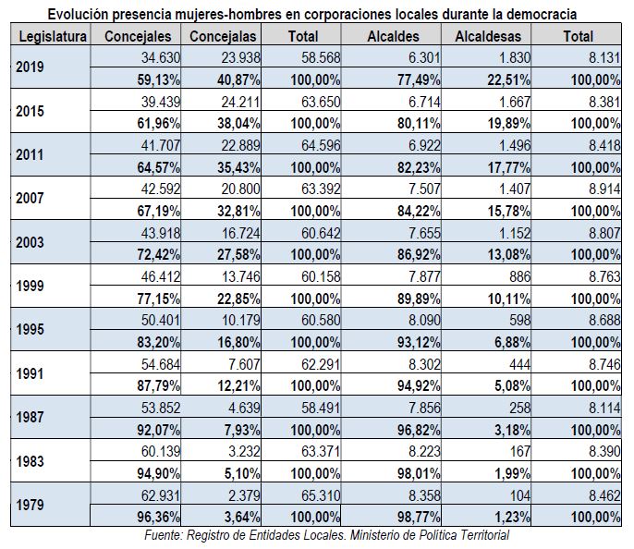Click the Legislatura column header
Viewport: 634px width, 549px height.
coord(53,36)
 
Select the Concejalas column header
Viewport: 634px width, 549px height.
coord(223,36)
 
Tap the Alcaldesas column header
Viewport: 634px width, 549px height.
coord(488,36)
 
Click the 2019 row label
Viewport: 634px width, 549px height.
coord(30,67)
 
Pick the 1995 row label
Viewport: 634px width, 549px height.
coord(30,329)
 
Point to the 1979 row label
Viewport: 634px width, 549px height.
coord(30,505)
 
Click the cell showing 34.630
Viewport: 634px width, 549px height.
coord(160,58)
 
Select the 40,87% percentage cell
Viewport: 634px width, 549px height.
coord(238,80)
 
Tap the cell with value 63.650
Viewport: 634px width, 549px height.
coord(321,102)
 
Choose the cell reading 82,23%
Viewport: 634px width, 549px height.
coord(419,167)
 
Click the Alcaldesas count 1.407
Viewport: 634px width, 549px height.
coord(514,189)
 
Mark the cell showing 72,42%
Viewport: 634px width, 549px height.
coord(159,255)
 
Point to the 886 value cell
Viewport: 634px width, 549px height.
coord(519,277)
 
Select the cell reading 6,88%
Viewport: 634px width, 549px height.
coord(512,342)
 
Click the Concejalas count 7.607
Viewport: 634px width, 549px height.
coord(244,364)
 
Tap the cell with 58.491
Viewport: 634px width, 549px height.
coord(321,408)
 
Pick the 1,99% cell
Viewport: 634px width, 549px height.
coord(512,473)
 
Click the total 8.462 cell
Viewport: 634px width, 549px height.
coord(604,495)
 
